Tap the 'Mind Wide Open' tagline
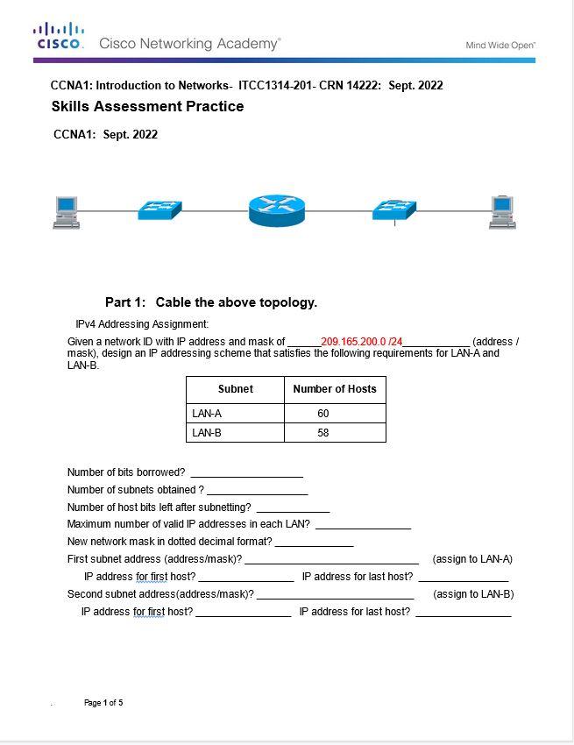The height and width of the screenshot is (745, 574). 500,45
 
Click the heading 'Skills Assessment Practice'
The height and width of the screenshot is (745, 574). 147,107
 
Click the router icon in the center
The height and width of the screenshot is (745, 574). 276,210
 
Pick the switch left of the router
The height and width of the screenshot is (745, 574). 159,210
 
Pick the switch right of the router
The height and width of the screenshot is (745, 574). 394,209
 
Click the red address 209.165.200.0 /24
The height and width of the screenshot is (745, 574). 361,342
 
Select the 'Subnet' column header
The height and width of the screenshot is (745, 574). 235,389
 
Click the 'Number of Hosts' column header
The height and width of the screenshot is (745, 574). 335,389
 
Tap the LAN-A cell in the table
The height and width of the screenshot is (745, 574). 207,413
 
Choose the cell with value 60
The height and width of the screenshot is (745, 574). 323,413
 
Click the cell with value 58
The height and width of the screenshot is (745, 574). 323,433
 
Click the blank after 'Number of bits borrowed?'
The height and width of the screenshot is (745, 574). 246,472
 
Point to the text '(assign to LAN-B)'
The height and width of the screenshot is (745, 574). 473,594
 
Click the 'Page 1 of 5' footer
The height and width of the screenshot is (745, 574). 103,703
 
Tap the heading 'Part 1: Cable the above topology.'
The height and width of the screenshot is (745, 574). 210,302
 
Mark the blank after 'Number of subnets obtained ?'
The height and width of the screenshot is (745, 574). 257,490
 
